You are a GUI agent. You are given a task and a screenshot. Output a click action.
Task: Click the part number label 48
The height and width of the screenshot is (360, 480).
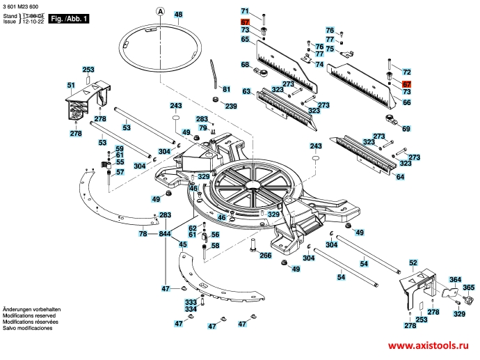[x=178, y=15]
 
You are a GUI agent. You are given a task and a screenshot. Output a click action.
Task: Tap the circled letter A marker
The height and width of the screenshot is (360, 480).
[x=159, y=11]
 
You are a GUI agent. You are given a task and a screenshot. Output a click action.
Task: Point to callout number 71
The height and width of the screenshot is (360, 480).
[x=245, y=12]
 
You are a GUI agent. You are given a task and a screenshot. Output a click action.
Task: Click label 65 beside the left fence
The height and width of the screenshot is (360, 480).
[x=245, y=40]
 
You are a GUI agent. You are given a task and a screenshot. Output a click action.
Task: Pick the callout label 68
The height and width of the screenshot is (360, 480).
[x=245, y=65]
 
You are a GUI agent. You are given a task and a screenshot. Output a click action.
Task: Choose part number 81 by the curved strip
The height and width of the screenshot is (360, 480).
[x=225, y=88]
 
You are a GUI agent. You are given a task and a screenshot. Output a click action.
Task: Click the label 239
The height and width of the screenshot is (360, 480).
[x=231, y=106]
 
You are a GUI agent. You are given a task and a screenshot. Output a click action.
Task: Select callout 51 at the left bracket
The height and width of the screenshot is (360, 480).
[x=70, y=85]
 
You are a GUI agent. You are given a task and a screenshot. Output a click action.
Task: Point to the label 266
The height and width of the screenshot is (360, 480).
[x=265, y=256]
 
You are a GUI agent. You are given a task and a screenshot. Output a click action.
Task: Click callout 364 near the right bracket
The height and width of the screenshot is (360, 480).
[x=455, y=279]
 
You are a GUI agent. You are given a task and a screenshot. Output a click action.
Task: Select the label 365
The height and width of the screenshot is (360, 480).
[x=469, y=288]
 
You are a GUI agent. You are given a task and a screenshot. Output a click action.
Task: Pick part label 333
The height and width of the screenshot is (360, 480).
[x=190, y=302]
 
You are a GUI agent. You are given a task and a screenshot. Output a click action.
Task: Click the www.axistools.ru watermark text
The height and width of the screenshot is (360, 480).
[x=428, y=346]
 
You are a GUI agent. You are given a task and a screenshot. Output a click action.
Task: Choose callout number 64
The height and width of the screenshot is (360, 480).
[x=400, y=177]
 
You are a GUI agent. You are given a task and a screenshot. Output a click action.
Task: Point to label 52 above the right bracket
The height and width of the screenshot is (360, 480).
[x=413, y=263]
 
